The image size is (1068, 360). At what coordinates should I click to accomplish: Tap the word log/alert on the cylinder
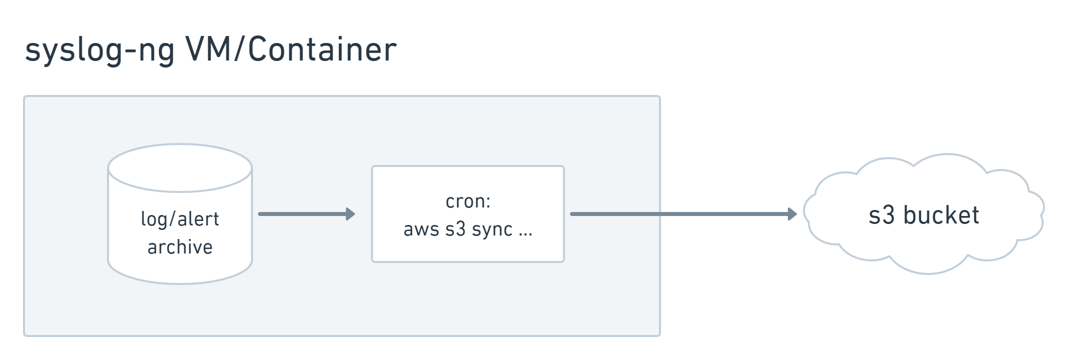pos(180,219)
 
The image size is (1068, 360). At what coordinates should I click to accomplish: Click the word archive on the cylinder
pos(180,246)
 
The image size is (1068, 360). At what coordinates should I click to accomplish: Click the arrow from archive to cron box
pos(306,214)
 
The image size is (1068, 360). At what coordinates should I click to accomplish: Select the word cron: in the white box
pos(468,201)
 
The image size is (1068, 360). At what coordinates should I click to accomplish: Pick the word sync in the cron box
pos(492,230)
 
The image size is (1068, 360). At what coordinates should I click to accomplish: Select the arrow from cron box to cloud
pos(683,214)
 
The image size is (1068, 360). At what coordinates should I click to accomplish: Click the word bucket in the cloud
pos(941,214)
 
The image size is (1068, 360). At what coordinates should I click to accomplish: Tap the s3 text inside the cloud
pos(881,215)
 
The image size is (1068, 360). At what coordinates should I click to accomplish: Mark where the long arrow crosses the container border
pos(659,214)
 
